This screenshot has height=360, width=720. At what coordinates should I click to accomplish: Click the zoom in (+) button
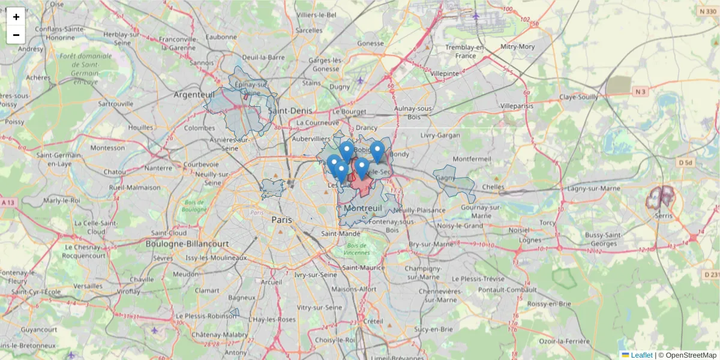16,17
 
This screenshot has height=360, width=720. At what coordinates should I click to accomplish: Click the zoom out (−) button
16,35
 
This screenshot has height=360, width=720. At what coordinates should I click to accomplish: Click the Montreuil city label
359,208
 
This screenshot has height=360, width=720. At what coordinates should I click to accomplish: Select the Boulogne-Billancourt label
187,244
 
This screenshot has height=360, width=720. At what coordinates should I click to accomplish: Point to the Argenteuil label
194,95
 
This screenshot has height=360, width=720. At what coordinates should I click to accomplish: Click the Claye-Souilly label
578,97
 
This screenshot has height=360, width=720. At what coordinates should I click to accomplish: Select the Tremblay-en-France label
464,52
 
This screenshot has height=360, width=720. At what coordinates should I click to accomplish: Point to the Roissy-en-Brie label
548,304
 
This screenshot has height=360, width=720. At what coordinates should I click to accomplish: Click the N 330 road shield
707,11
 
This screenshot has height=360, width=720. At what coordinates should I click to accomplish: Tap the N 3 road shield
641,91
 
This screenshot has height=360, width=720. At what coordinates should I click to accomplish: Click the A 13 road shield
8,203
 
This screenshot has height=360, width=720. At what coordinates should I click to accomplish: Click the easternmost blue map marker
377,151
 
